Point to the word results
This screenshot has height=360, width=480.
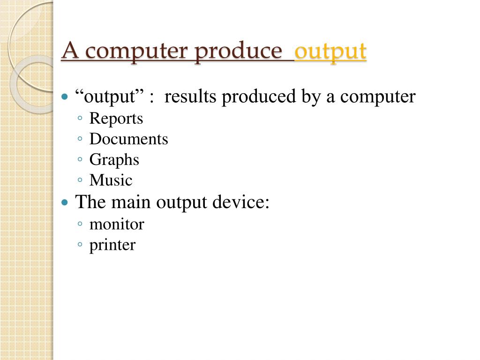point(191,97)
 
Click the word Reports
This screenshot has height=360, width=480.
point(116,119)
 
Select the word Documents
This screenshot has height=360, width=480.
point(128,139)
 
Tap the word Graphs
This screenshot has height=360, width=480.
point(114,160)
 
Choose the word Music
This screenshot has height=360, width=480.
point(111,180)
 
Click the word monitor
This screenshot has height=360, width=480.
point(116,225)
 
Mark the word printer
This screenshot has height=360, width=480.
point(112,245)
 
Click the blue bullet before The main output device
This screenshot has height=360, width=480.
point(65,203)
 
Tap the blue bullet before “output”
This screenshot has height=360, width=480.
point(65,97)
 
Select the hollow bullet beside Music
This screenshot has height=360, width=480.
point(81,180)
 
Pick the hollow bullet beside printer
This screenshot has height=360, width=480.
point(81,245)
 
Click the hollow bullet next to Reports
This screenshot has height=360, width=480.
point(81,119)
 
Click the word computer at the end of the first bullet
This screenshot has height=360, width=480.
point(378,97)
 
